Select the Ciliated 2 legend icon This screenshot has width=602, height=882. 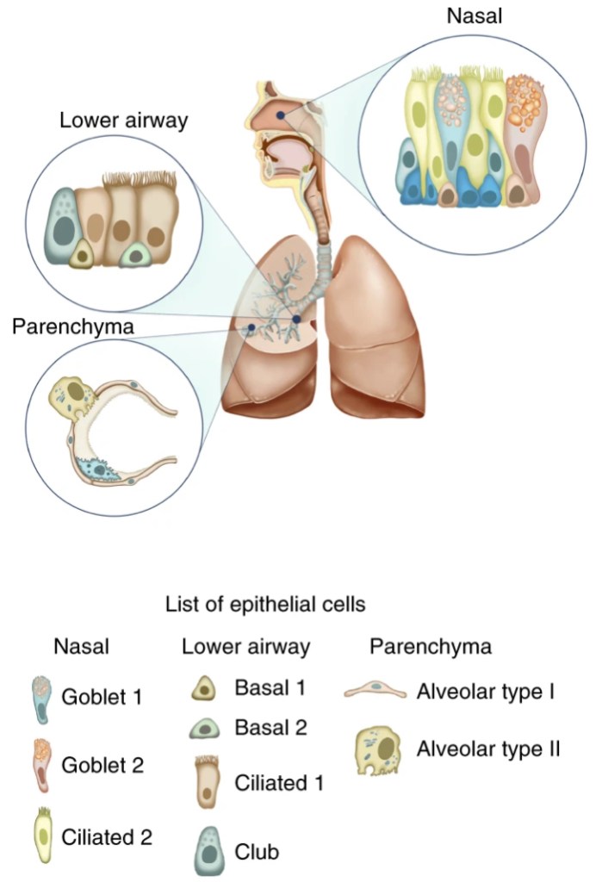[40, 834]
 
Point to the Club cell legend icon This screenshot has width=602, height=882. [206, 849]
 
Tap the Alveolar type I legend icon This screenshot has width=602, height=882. [375, 691]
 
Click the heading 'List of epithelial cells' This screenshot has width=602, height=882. [265, 605]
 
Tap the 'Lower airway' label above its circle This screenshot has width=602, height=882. [123, 120]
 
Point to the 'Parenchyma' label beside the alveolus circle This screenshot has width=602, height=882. [72, 327]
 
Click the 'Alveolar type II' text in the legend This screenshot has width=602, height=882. [488, 748]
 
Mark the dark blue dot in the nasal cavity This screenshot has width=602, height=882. [281, 115]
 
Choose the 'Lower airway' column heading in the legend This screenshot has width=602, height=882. [245, 646]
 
